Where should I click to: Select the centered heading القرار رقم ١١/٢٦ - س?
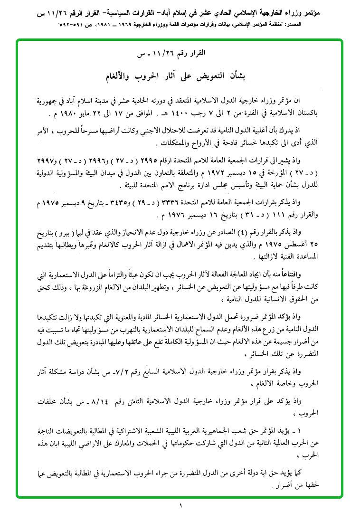pyautogui.click(x=180, y=53)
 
